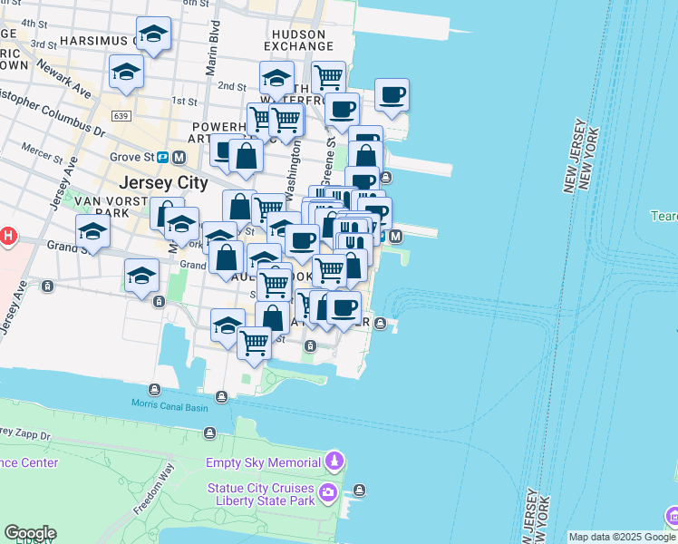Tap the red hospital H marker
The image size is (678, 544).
pos(7,238)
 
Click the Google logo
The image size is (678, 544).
pos(30,533)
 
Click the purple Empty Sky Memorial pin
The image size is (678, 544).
pos(335,461)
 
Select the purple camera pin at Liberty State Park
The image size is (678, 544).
pos(326,494)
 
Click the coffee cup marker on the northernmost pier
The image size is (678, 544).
pos(392,97)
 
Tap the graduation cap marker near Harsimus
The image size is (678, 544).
pos(153,35)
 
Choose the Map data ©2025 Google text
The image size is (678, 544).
pos(622,537)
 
